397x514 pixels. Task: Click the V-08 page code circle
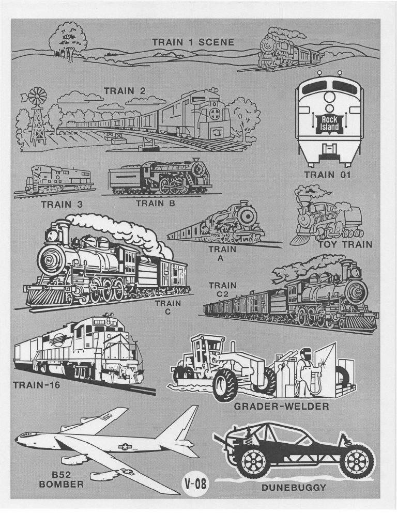[195, 484]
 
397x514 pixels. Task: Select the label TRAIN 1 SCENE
[193, 42]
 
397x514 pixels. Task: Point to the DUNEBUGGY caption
[294, 488]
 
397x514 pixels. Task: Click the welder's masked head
[306, 354]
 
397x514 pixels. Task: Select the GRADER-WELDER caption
[281, 407]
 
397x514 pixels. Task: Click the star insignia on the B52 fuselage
[125, 446]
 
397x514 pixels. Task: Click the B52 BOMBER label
[61, 479]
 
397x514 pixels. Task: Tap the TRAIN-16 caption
[37, 384]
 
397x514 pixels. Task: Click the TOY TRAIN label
[345, 244]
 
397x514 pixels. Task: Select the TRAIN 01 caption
[328, 175]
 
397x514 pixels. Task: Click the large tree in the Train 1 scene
[67, 41]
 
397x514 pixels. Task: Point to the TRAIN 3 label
[62, 205]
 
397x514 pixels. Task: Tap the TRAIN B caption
[156, 204]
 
